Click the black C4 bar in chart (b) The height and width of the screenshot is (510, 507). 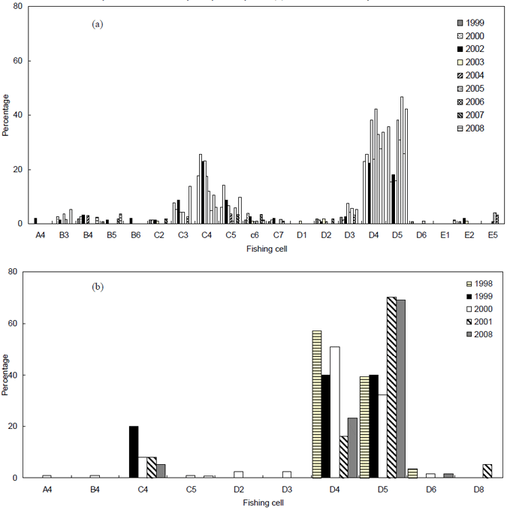(x=134, y=451)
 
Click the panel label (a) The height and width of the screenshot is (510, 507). (x=97, y=24)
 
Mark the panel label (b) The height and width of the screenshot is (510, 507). (x=97, y=286)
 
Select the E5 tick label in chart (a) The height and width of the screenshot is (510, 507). (x=493, y=235)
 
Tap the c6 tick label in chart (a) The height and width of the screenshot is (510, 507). (x=254, y=235)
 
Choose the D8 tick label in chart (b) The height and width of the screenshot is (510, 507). (x=478, y=489)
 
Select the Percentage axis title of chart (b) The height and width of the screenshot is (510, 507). (x=6, y=373)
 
